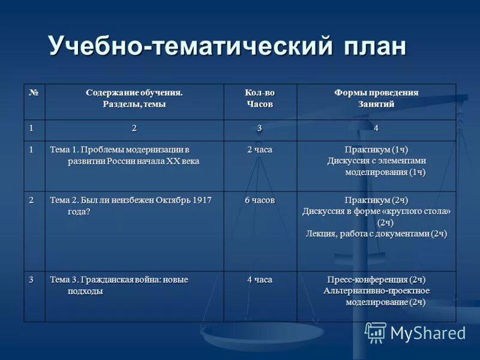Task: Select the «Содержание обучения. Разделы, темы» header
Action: pyautogui.click(x=134, y=98)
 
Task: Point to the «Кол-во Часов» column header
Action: pyautogui.click(x=259, y=98)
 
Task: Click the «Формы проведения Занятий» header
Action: pyautogui.click(x=376, y=98)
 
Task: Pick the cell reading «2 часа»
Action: pyautogui.click(x=259, y=149)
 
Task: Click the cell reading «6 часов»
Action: pyautogui.click(x=259, y=200)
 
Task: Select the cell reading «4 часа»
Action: pyautogui.click(x=259, y=280)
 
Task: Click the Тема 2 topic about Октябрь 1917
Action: pyautogui.click(x=130, y=205)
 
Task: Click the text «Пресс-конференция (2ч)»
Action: pyautogui.click(x=376, y=280)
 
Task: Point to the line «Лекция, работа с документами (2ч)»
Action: pyautogui.click(x=376, y=233)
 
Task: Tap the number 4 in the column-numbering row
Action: pyautogui.click(x=376, y=128)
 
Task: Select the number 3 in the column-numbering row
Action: pyautogui.click(x=259, y=128)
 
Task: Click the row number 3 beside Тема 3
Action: pyautogui.click(x=31, y=280)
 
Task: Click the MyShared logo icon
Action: pyautogui.click(x=376, y=332)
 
